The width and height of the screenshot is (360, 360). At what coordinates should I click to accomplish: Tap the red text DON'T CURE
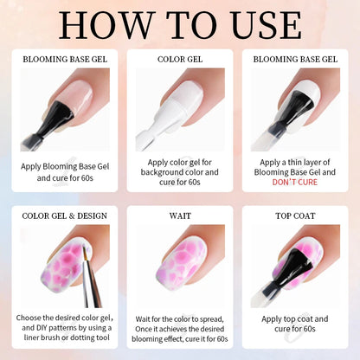(295, 183)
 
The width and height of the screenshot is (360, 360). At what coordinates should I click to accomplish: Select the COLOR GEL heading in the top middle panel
(180, 59)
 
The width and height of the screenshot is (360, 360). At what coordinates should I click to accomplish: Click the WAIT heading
(180, 215)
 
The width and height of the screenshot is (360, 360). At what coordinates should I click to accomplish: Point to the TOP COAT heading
(295, 215)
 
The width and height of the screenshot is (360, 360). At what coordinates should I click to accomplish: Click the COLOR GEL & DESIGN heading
(65, 215)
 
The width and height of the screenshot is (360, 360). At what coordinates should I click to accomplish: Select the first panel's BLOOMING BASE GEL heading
(65, 59)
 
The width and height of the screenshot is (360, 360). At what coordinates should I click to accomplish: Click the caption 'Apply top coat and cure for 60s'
(295, 324)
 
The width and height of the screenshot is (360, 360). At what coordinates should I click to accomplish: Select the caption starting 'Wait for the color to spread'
(180, 329)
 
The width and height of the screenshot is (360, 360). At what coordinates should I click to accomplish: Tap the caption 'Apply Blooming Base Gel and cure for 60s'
(65, 172)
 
